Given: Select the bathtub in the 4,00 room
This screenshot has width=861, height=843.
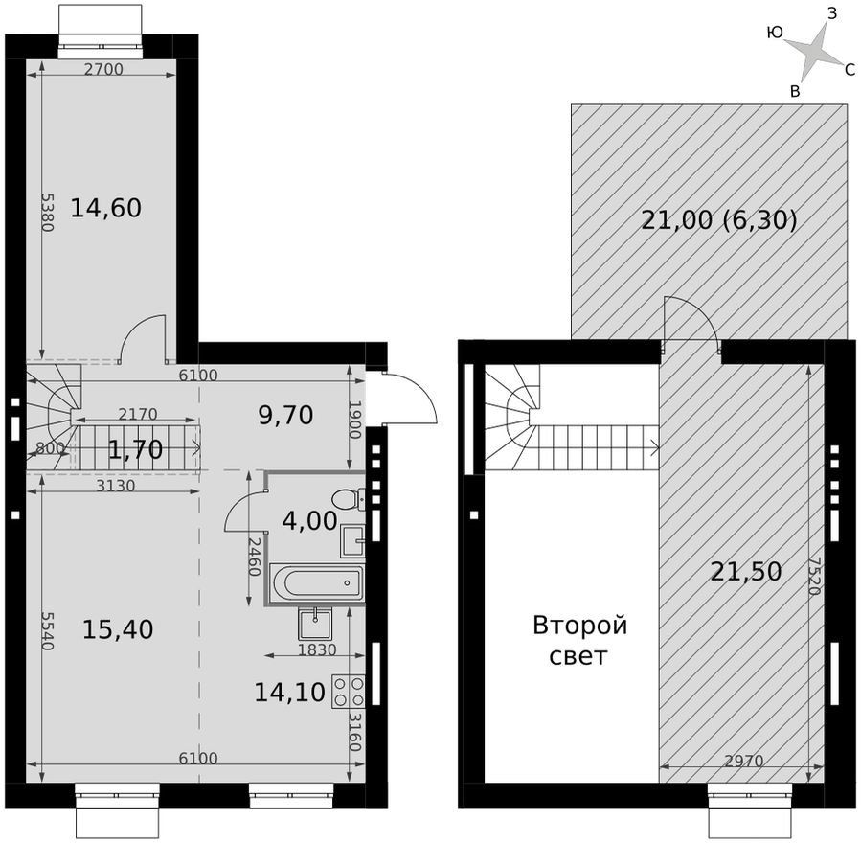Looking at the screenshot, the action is (316, 583).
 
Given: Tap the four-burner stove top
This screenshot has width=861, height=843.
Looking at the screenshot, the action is (349, 692).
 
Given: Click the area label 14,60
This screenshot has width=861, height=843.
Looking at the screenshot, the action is (106, 209).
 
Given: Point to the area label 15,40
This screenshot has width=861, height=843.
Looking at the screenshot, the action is (118, 629).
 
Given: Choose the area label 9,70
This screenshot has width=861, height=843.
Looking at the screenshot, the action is (285, 415).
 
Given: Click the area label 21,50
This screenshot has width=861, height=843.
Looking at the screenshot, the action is (746, 572).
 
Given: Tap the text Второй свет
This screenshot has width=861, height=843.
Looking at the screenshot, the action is (579, 640).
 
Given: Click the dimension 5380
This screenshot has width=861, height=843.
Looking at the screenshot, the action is (48, 212).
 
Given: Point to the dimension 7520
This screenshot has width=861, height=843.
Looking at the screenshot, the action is (814, 576).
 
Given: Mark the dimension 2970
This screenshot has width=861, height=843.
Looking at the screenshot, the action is (743, 761).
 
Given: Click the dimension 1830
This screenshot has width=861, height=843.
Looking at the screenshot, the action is (317, 649).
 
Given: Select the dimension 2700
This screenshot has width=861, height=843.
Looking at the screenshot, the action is (103, 70).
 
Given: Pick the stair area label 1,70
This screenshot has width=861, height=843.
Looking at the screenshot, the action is (135, 450).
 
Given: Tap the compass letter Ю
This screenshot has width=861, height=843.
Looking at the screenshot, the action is (774, 33).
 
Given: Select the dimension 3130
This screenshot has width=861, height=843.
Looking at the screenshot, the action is (115, 486).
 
